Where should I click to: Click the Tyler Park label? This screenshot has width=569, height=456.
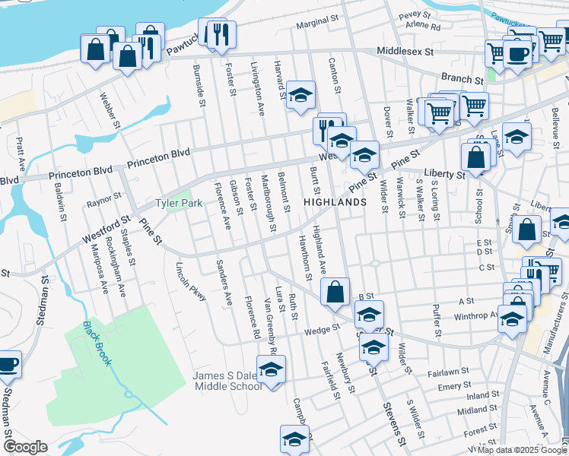click(179, 204)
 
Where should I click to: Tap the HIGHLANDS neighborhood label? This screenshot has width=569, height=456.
click(335, 202)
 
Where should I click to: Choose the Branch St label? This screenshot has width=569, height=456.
click(463, 79)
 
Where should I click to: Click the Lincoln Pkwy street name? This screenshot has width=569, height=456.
click(191, 282)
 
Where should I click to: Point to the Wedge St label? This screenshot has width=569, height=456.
click(321, 330)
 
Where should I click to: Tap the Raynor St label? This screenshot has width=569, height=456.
click(104, 201)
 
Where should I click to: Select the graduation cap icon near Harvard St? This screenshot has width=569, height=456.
click(301, 94)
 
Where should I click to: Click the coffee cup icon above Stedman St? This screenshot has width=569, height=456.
click(8, 363)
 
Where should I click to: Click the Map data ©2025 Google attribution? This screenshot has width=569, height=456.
click(521, 450)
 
